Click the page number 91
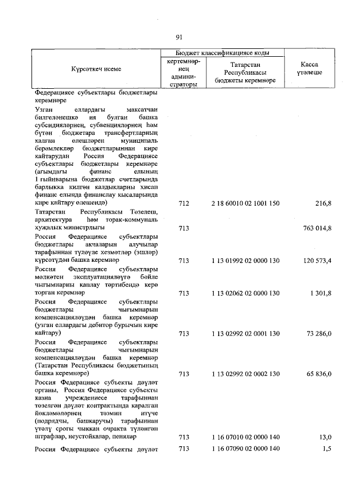pyautogui.click(x=179, y=37)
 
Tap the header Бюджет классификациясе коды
pyautogui.click(x=222, y=52)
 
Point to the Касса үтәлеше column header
pyautogui.click(x=307, y=69)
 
